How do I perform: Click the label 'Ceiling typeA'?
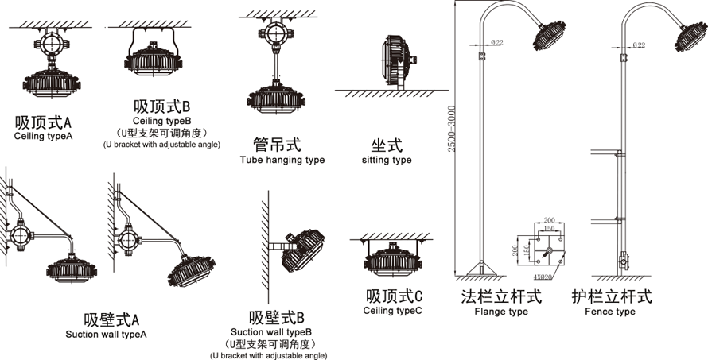click(x=43, y=137)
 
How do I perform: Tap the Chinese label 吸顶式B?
click(x=161, y=106)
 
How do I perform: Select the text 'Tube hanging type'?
click(x=282, y=160)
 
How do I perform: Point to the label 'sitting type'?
click(x=387, y=160)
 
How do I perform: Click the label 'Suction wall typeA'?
click(x=106, y=335)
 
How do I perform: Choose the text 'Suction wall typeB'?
click(x=270, y=331)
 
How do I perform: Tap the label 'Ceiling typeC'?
click(x=393, y=310)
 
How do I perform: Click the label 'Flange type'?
click(x=501, y=312)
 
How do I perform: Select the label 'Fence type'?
click(x=610, y=312)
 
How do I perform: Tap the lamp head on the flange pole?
click(x=550, y=35)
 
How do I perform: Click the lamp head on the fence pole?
click(x=691, y=35)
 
